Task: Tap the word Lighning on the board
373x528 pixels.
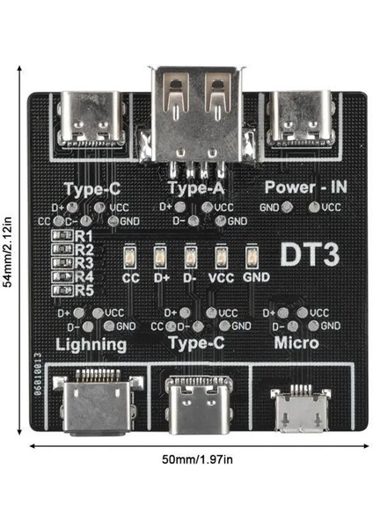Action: tap(91, 344)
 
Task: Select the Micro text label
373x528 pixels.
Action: tap(296, 342)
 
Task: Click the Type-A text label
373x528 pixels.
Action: tap(193, 187)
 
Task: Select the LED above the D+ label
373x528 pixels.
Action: tap(161, 257)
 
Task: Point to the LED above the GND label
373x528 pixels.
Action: tap(252, 257)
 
